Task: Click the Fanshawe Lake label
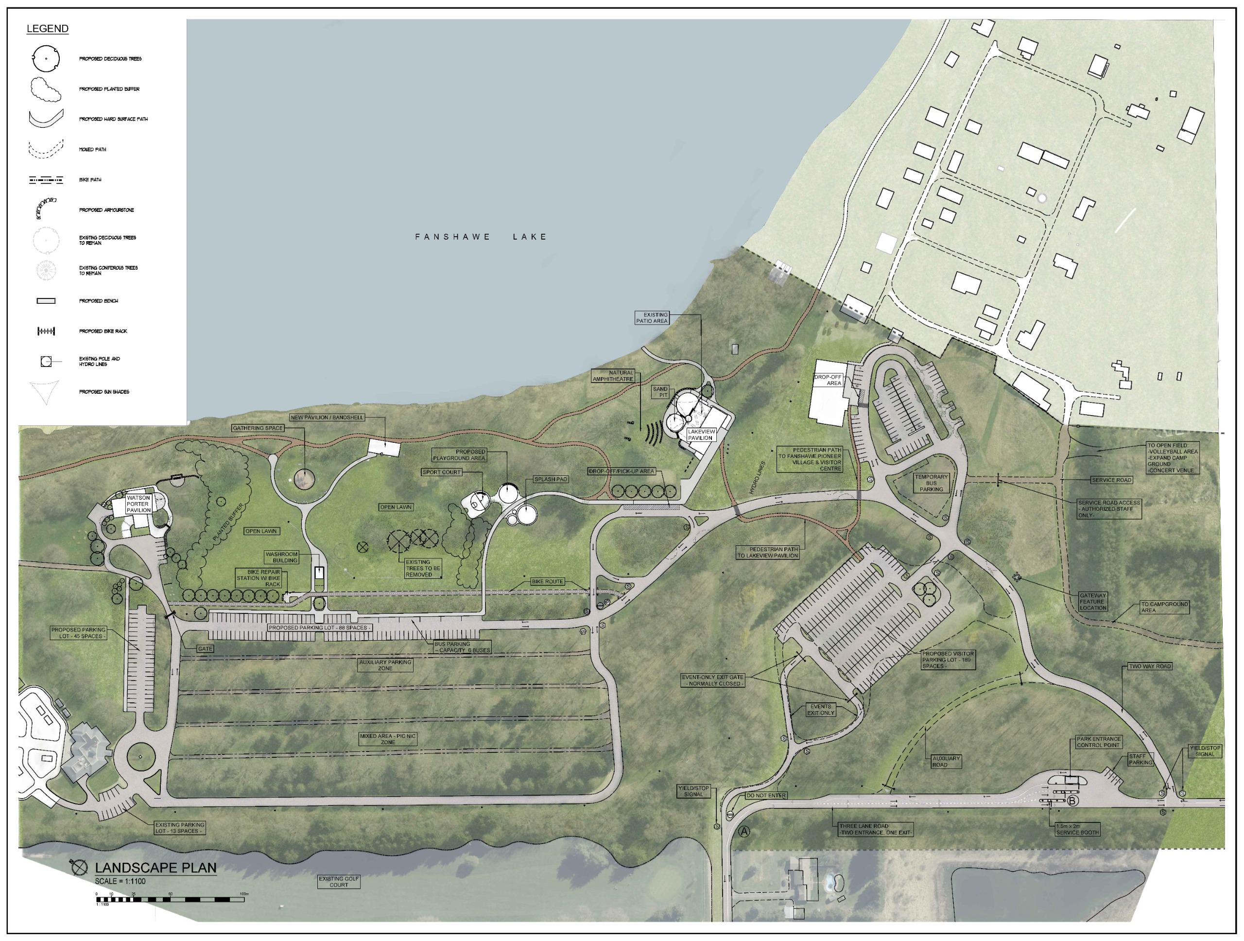pyautogui.click(x=481, y=237)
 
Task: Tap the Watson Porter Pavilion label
pyautogui.click(x=138, y=504)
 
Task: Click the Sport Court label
pyautogui.click(x=441, y=472)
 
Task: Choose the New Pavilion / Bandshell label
pyautogui.click(x=327, y=418)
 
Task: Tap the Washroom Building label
pyautogui.click(x=282, y=558)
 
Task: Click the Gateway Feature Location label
pyautogui.click(x=1093, y=601)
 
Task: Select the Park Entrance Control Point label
pyautogui.click(x=1098, y=742)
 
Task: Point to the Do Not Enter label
pyautogui.click(x=766, y=796)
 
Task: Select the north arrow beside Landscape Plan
pyautogui.click(x=79, y=867)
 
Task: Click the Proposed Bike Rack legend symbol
pyautogui.click(x=46, y=331)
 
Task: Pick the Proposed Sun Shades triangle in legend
pyautogui.click(x=46, y=391)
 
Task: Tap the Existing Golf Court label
pyautogui.click(x=339, y=882)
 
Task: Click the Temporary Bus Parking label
pyautogui.click(x=932, y=483)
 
